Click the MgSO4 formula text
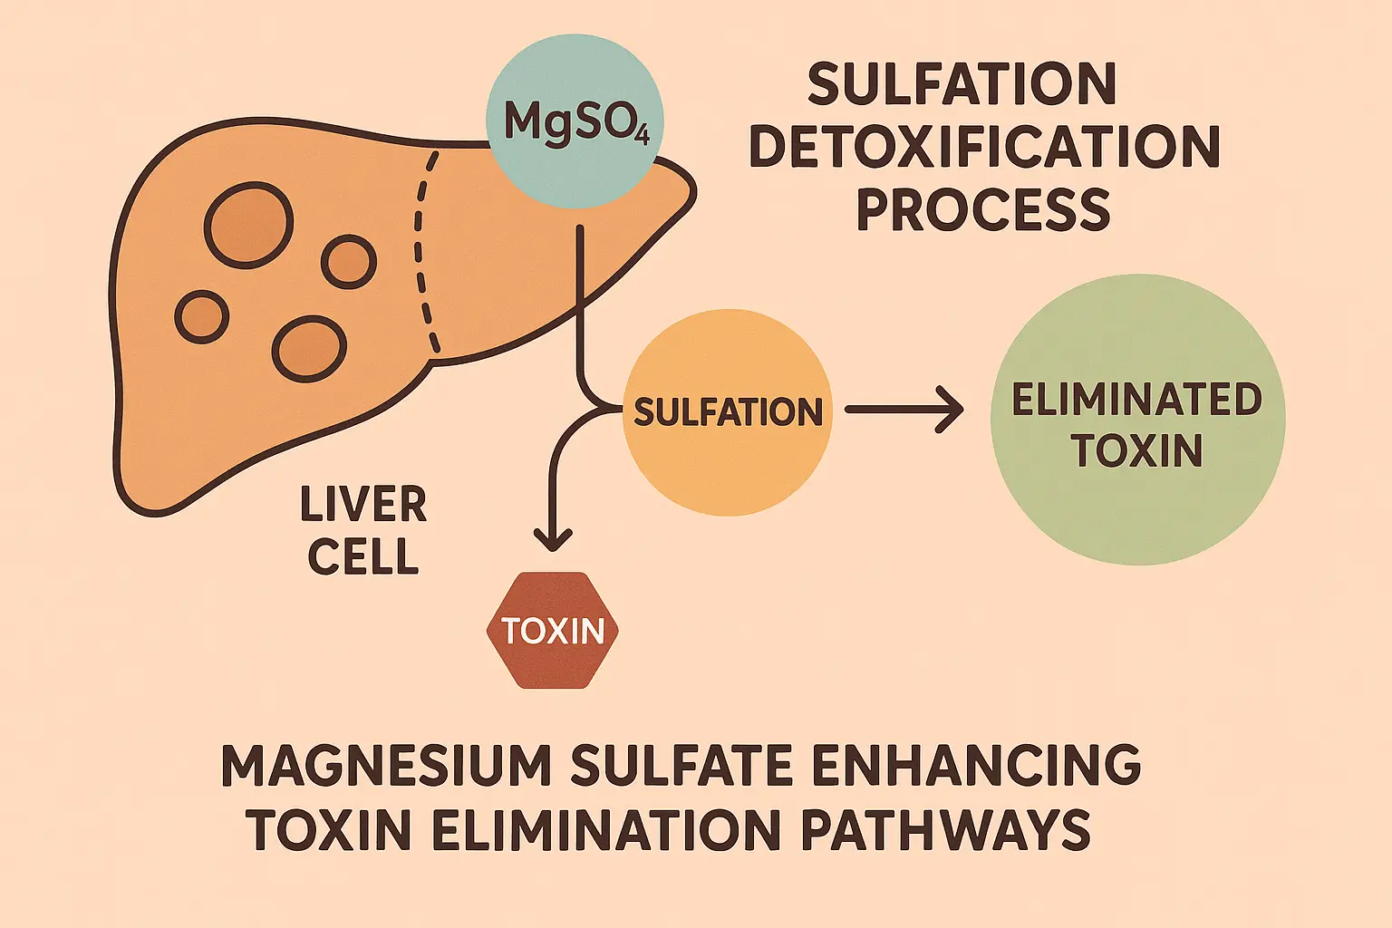click(x=575, y=121)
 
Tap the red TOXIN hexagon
click(x=553, y=631)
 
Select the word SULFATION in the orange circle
click(x=728, y=412)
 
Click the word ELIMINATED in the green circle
click(x=1136, y=400)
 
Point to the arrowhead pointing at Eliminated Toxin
click(x=952, y=410)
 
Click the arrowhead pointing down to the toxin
click(x=553, y=541)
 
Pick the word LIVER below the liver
click(x=363, y=506)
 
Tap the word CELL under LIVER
click(x=363, y=556)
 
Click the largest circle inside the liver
click(x=248, y=225)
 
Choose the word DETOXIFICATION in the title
click(x=984, y=147)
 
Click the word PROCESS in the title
click(x=983, y=210)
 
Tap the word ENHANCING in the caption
click(x=975, y=766)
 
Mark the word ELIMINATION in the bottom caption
click(x=606, y=829)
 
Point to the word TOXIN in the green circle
click(x=1136, y=450)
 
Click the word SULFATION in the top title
click(x=962, y=84)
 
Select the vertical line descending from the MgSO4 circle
click(x=579, y=299)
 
